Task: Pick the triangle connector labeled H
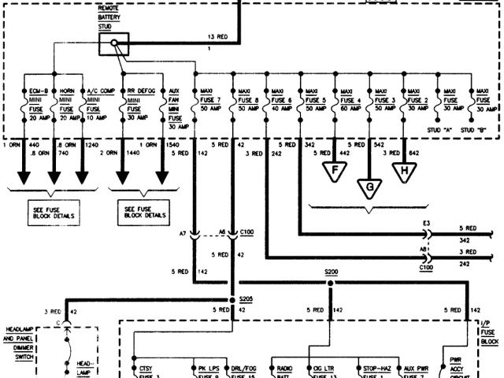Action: pos(403,170)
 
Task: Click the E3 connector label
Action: pos(426,223)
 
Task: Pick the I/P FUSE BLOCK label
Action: pos(490,333)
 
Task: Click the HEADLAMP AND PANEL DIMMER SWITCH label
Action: pos(21,347)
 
